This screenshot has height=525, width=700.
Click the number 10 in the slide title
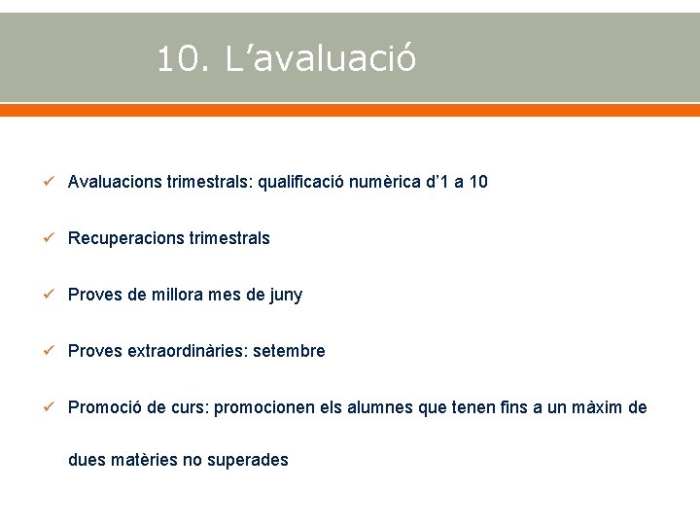[178, 60]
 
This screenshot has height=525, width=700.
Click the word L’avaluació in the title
[321, 60]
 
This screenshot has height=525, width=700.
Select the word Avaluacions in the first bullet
[115, 182]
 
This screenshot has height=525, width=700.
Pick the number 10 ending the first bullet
[477, 182]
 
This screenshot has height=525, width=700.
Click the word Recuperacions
[125, 238]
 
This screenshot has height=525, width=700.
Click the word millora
[178, 295]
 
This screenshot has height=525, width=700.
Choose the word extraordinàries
[187, 351]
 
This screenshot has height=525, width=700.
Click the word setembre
[289, 351]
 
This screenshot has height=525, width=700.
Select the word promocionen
[264, 408]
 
